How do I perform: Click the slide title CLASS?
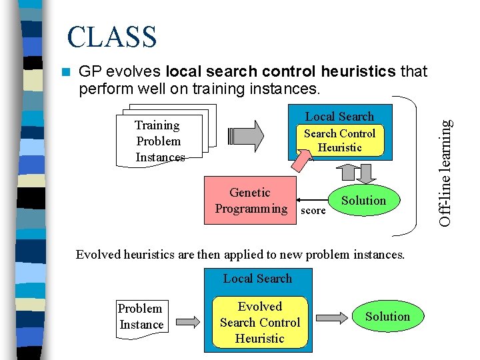coord(112,37)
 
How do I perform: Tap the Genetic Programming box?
coord(251,201)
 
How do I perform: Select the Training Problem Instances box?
coord(158,141)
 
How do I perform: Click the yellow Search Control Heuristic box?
coord(339,141)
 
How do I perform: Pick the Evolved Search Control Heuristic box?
coord(260,323)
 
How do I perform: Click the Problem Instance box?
coord(141,317)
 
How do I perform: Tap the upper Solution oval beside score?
coord(363,201)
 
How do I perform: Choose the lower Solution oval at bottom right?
coord(387,317)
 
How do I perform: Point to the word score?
coord(313,211)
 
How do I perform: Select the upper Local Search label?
coord(339,117)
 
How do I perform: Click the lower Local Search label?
coord(257,279)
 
